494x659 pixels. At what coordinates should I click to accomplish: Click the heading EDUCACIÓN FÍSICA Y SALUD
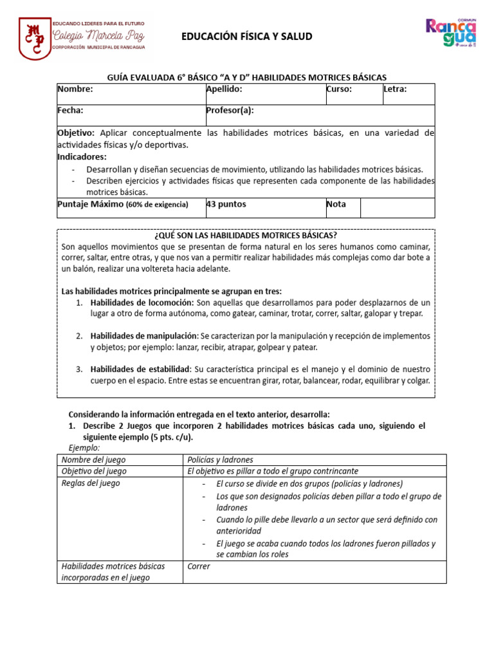tap(247, 37)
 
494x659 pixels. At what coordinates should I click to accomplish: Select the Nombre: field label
tap(75, 89)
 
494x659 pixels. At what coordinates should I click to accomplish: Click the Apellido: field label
tap(224, 89)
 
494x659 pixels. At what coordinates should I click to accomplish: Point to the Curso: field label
tap(339, 89)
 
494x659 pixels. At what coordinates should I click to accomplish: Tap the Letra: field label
tap(395, 89)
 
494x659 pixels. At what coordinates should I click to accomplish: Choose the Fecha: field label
tap(71, 111)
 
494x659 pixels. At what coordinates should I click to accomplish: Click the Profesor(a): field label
tap(230, 111)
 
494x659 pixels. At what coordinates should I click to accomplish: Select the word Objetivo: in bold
tap(76, 133)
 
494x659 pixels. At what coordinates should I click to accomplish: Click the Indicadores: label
tap(82, 156)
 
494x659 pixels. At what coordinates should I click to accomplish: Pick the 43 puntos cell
tap(226, 205)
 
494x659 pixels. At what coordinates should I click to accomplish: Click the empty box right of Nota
tap(397, 207)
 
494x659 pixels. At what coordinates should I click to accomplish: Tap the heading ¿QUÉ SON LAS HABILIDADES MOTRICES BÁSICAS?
tap(246, 236)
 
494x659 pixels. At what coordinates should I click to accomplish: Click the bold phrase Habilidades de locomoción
tap(142, 302)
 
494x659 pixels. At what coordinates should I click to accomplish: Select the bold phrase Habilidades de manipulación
tap(144, 336)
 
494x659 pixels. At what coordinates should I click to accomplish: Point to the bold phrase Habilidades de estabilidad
tap(140, 369)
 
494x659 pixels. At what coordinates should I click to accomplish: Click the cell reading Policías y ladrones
tap(220, 459)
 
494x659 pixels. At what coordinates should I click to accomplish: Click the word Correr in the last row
tap(199, 567)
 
